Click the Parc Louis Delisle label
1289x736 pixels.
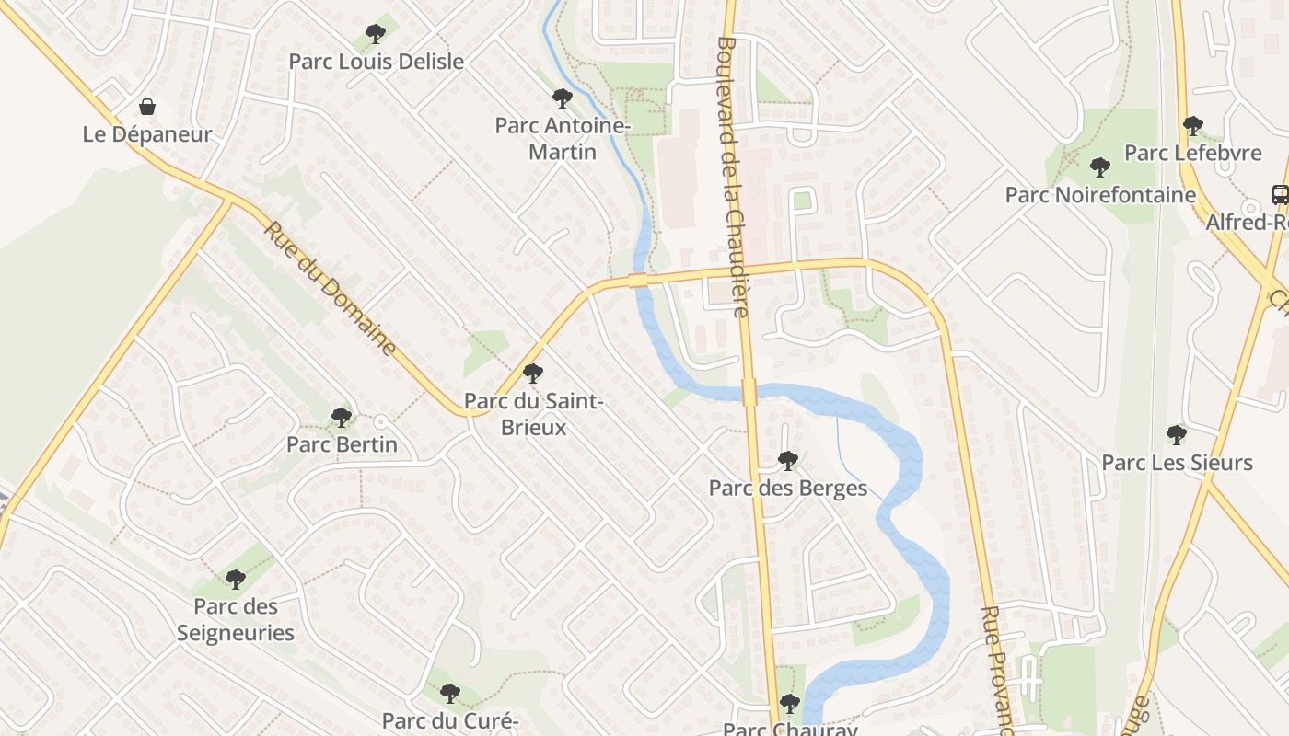click(376, 62)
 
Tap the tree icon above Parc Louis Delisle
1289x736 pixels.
click(375, 34)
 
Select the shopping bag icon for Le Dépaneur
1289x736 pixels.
click(147, 107)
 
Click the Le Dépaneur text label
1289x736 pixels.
click(147, 134)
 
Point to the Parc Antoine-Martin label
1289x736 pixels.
click(562, 138)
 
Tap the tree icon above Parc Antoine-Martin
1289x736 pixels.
click(562, 98)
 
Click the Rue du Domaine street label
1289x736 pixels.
click(331, 288)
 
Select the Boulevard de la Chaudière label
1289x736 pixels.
click(732, 175)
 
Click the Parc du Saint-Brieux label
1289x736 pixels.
click(533, 414)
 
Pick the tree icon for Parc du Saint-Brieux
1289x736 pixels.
click(532, 373)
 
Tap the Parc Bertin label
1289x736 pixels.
click(342, 444)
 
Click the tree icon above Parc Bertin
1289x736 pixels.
click(342, 417)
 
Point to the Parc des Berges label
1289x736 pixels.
click(787, 488)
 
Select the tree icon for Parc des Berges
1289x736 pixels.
click(787, 460)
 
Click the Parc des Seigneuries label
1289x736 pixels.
click(235, 619)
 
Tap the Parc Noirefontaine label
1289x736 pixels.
click(1100, 195)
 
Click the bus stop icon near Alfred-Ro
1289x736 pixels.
click(1280, 194)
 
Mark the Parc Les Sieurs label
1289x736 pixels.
click(1177, 463)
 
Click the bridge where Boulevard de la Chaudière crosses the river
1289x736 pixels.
click(749, 393)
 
